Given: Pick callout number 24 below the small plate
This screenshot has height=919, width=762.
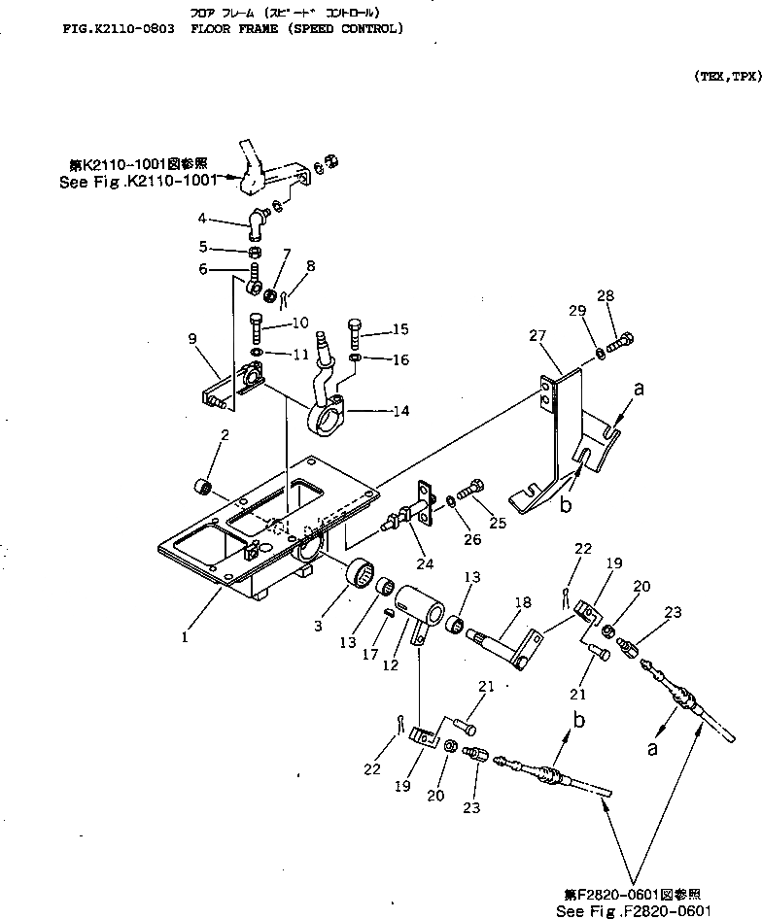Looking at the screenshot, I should click(426, 562).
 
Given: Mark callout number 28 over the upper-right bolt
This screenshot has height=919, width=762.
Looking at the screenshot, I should click(605, 295).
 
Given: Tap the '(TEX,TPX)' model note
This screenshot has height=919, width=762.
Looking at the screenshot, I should click(726, 75).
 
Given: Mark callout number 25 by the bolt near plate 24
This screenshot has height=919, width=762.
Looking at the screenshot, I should click(499, 522).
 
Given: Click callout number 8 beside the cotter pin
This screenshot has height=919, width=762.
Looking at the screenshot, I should click(310, 265).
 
